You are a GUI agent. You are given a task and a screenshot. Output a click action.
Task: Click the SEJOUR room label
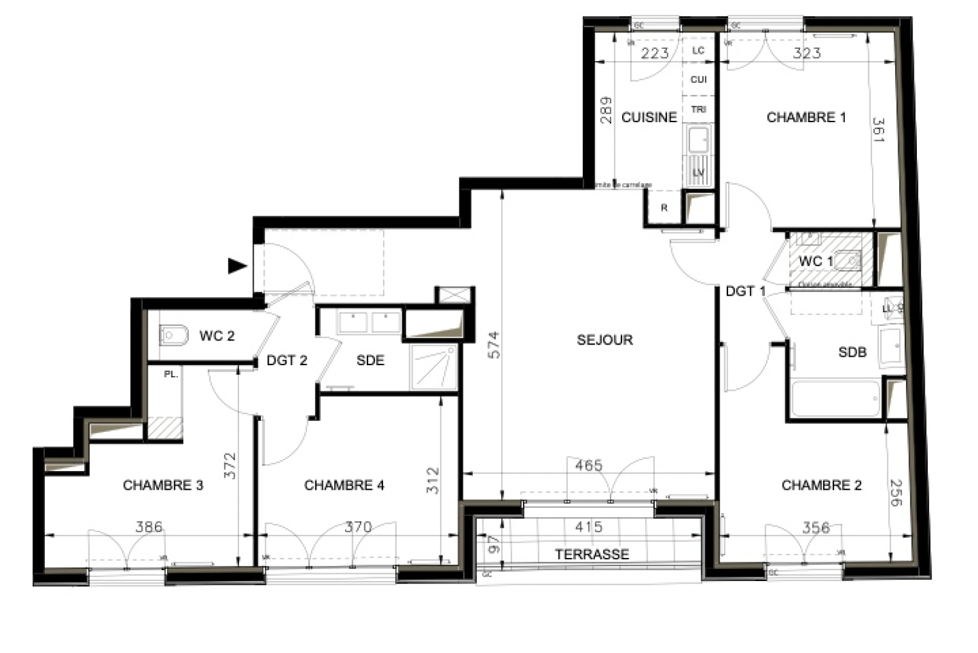[605, 340]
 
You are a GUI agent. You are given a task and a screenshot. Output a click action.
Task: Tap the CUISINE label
[649, 117]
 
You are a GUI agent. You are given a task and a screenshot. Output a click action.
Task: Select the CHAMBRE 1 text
[806, 117]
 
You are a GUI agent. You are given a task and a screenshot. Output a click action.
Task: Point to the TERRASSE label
[592, 554]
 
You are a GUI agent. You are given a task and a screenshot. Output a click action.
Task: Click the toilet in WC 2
[174, 334]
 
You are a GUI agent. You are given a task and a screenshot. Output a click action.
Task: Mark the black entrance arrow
[237, 265]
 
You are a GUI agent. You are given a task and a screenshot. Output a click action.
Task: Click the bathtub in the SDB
[835, 399]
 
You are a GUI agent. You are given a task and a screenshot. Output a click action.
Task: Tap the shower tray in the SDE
[433, 366]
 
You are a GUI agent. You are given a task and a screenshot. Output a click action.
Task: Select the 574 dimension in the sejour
[494, 345]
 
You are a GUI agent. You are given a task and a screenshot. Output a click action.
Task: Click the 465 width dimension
[588, 466]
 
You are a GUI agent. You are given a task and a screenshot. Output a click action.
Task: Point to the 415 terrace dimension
[588, 527]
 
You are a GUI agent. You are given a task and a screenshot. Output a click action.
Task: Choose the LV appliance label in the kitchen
[698, 173]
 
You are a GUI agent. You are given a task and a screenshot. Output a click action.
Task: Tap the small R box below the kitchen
[664, 208]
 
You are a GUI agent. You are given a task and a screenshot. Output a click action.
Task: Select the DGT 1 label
[746, 291]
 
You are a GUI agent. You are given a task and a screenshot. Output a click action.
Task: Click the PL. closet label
[171, 375]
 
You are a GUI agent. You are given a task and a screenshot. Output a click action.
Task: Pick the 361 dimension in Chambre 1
[879, 130]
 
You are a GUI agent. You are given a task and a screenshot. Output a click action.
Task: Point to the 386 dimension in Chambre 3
[149, 527]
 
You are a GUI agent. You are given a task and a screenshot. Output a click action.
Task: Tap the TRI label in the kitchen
[698, 109]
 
